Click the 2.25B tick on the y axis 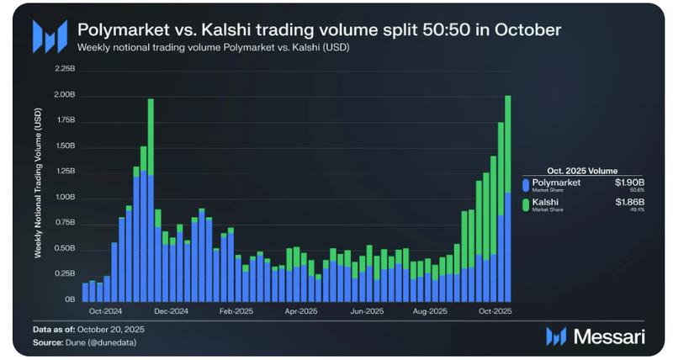pyautogui.click(x=63, y=68)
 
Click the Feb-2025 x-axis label pyautogui.click(x=236, y=310)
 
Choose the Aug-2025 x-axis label pyautogui.click(x=430, y=310)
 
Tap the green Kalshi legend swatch pyautogui.click(x=526, y=205)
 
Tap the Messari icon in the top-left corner pyautogui.click(x=50, y=37)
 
